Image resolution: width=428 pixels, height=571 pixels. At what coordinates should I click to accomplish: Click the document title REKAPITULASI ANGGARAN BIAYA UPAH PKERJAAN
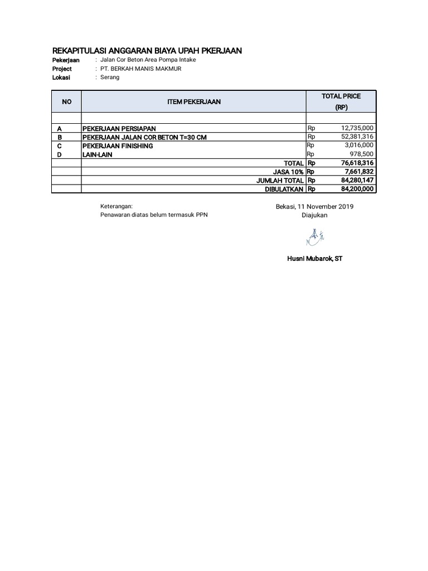pyautogui.click(x=147, y=51)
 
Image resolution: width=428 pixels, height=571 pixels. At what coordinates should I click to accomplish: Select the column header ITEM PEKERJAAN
pyautogui.click(x=194, y=101)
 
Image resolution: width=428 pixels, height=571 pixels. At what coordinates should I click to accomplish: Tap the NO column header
pyautogui.click(x=67, y=101)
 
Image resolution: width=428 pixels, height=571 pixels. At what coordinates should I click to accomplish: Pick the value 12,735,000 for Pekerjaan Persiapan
pyautogui.click(x=357, y=128)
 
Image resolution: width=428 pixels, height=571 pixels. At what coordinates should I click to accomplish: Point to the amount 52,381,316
pyautogui.click(x=357, y=137)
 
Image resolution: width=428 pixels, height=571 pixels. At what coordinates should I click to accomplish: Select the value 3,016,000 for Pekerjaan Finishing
pyautogui.click(x=358, y=146)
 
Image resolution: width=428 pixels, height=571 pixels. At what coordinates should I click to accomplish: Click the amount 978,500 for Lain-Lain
pyautogui.click(x=362, y=154)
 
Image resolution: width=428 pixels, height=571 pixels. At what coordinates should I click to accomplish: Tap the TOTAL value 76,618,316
pyautogui.click(x=357, y=163)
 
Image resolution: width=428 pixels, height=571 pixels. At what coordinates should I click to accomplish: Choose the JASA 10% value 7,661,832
pyautogui.click(x=359, y=172)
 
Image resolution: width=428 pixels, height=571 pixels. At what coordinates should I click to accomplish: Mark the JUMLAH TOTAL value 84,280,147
pyautogui.click(x=357, y=181)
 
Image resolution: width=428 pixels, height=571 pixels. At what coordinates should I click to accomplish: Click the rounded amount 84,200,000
pyautogui.click(x=357, y=189)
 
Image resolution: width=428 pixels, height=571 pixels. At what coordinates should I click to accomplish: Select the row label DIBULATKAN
pyautogui.click(x=284, y=190)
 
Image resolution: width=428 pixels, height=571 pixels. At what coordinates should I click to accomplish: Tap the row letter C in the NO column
pyautogui.click(x=60, y=146)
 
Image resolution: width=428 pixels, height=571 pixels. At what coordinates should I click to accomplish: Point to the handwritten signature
pyautogui.click(x=315, y=239)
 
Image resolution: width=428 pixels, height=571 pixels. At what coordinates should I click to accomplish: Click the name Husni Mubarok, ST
pyautogui.click(x=314, y=259)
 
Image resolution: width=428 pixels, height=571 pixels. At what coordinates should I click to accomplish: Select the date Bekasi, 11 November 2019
pyautogui.click(x=314, y=207)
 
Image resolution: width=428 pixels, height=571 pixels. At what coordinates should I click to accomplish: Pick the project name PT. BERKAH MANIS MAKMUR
pyautogui.click(x=140, y=69)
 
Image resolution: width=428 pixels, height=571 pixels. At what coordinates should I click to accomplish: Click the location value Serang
pyautogui.click(x=110, y=78)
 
